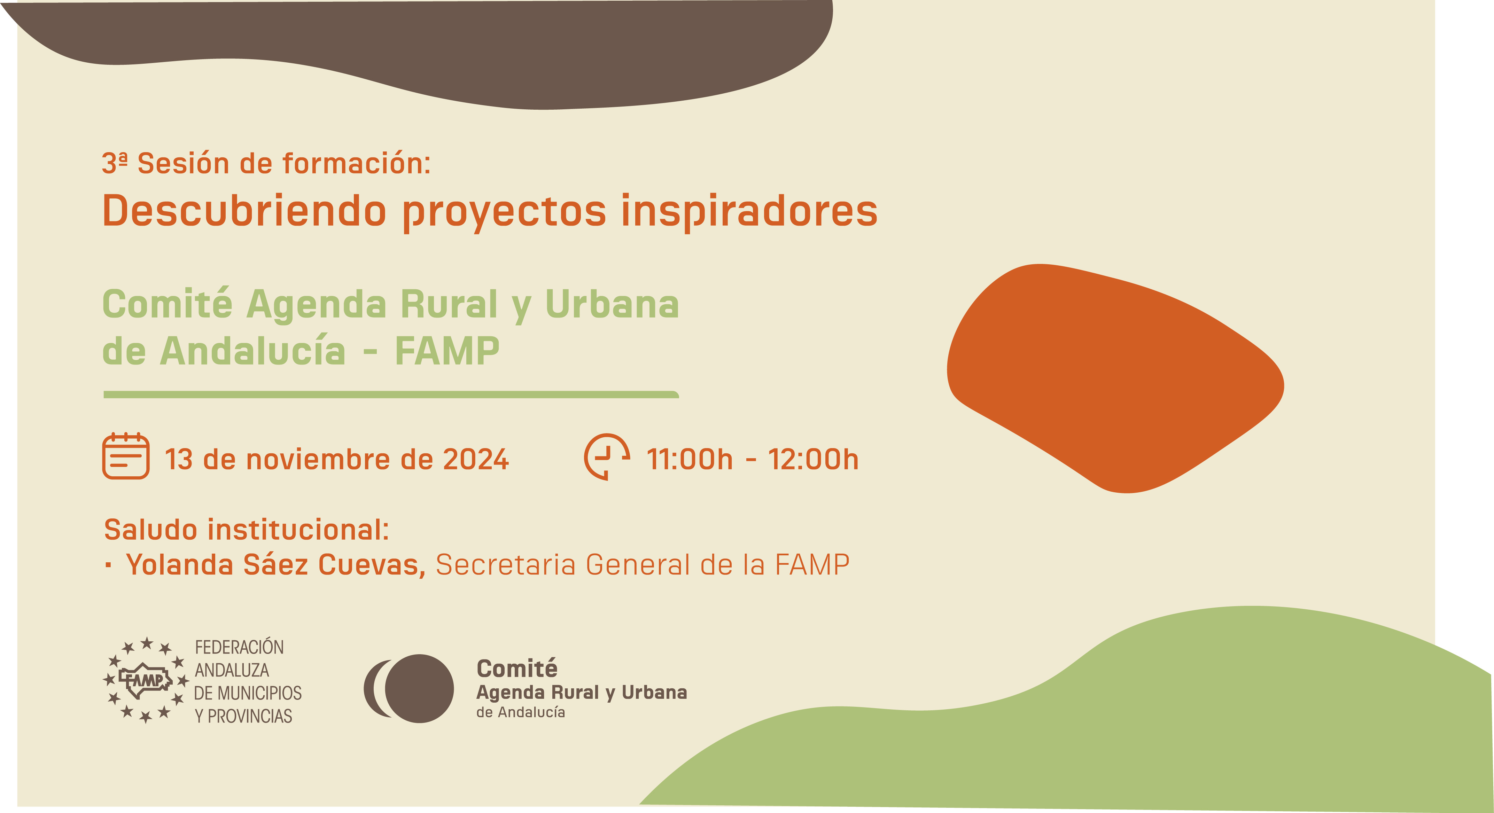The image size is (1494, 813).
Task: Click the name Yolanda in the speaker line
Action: point(179,564)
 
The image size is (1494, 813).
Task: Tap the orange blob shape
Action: point(1114,377)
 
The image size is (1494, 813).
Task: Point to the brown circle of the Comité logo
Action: point(419,688)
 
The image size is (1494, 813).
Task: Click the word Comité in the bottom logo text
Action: point(517,669)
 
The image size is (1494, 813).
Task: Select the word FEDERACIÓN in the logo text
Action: point(239,647)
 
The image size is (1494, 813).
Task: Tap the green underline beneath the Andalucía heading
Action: point(391,395)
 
